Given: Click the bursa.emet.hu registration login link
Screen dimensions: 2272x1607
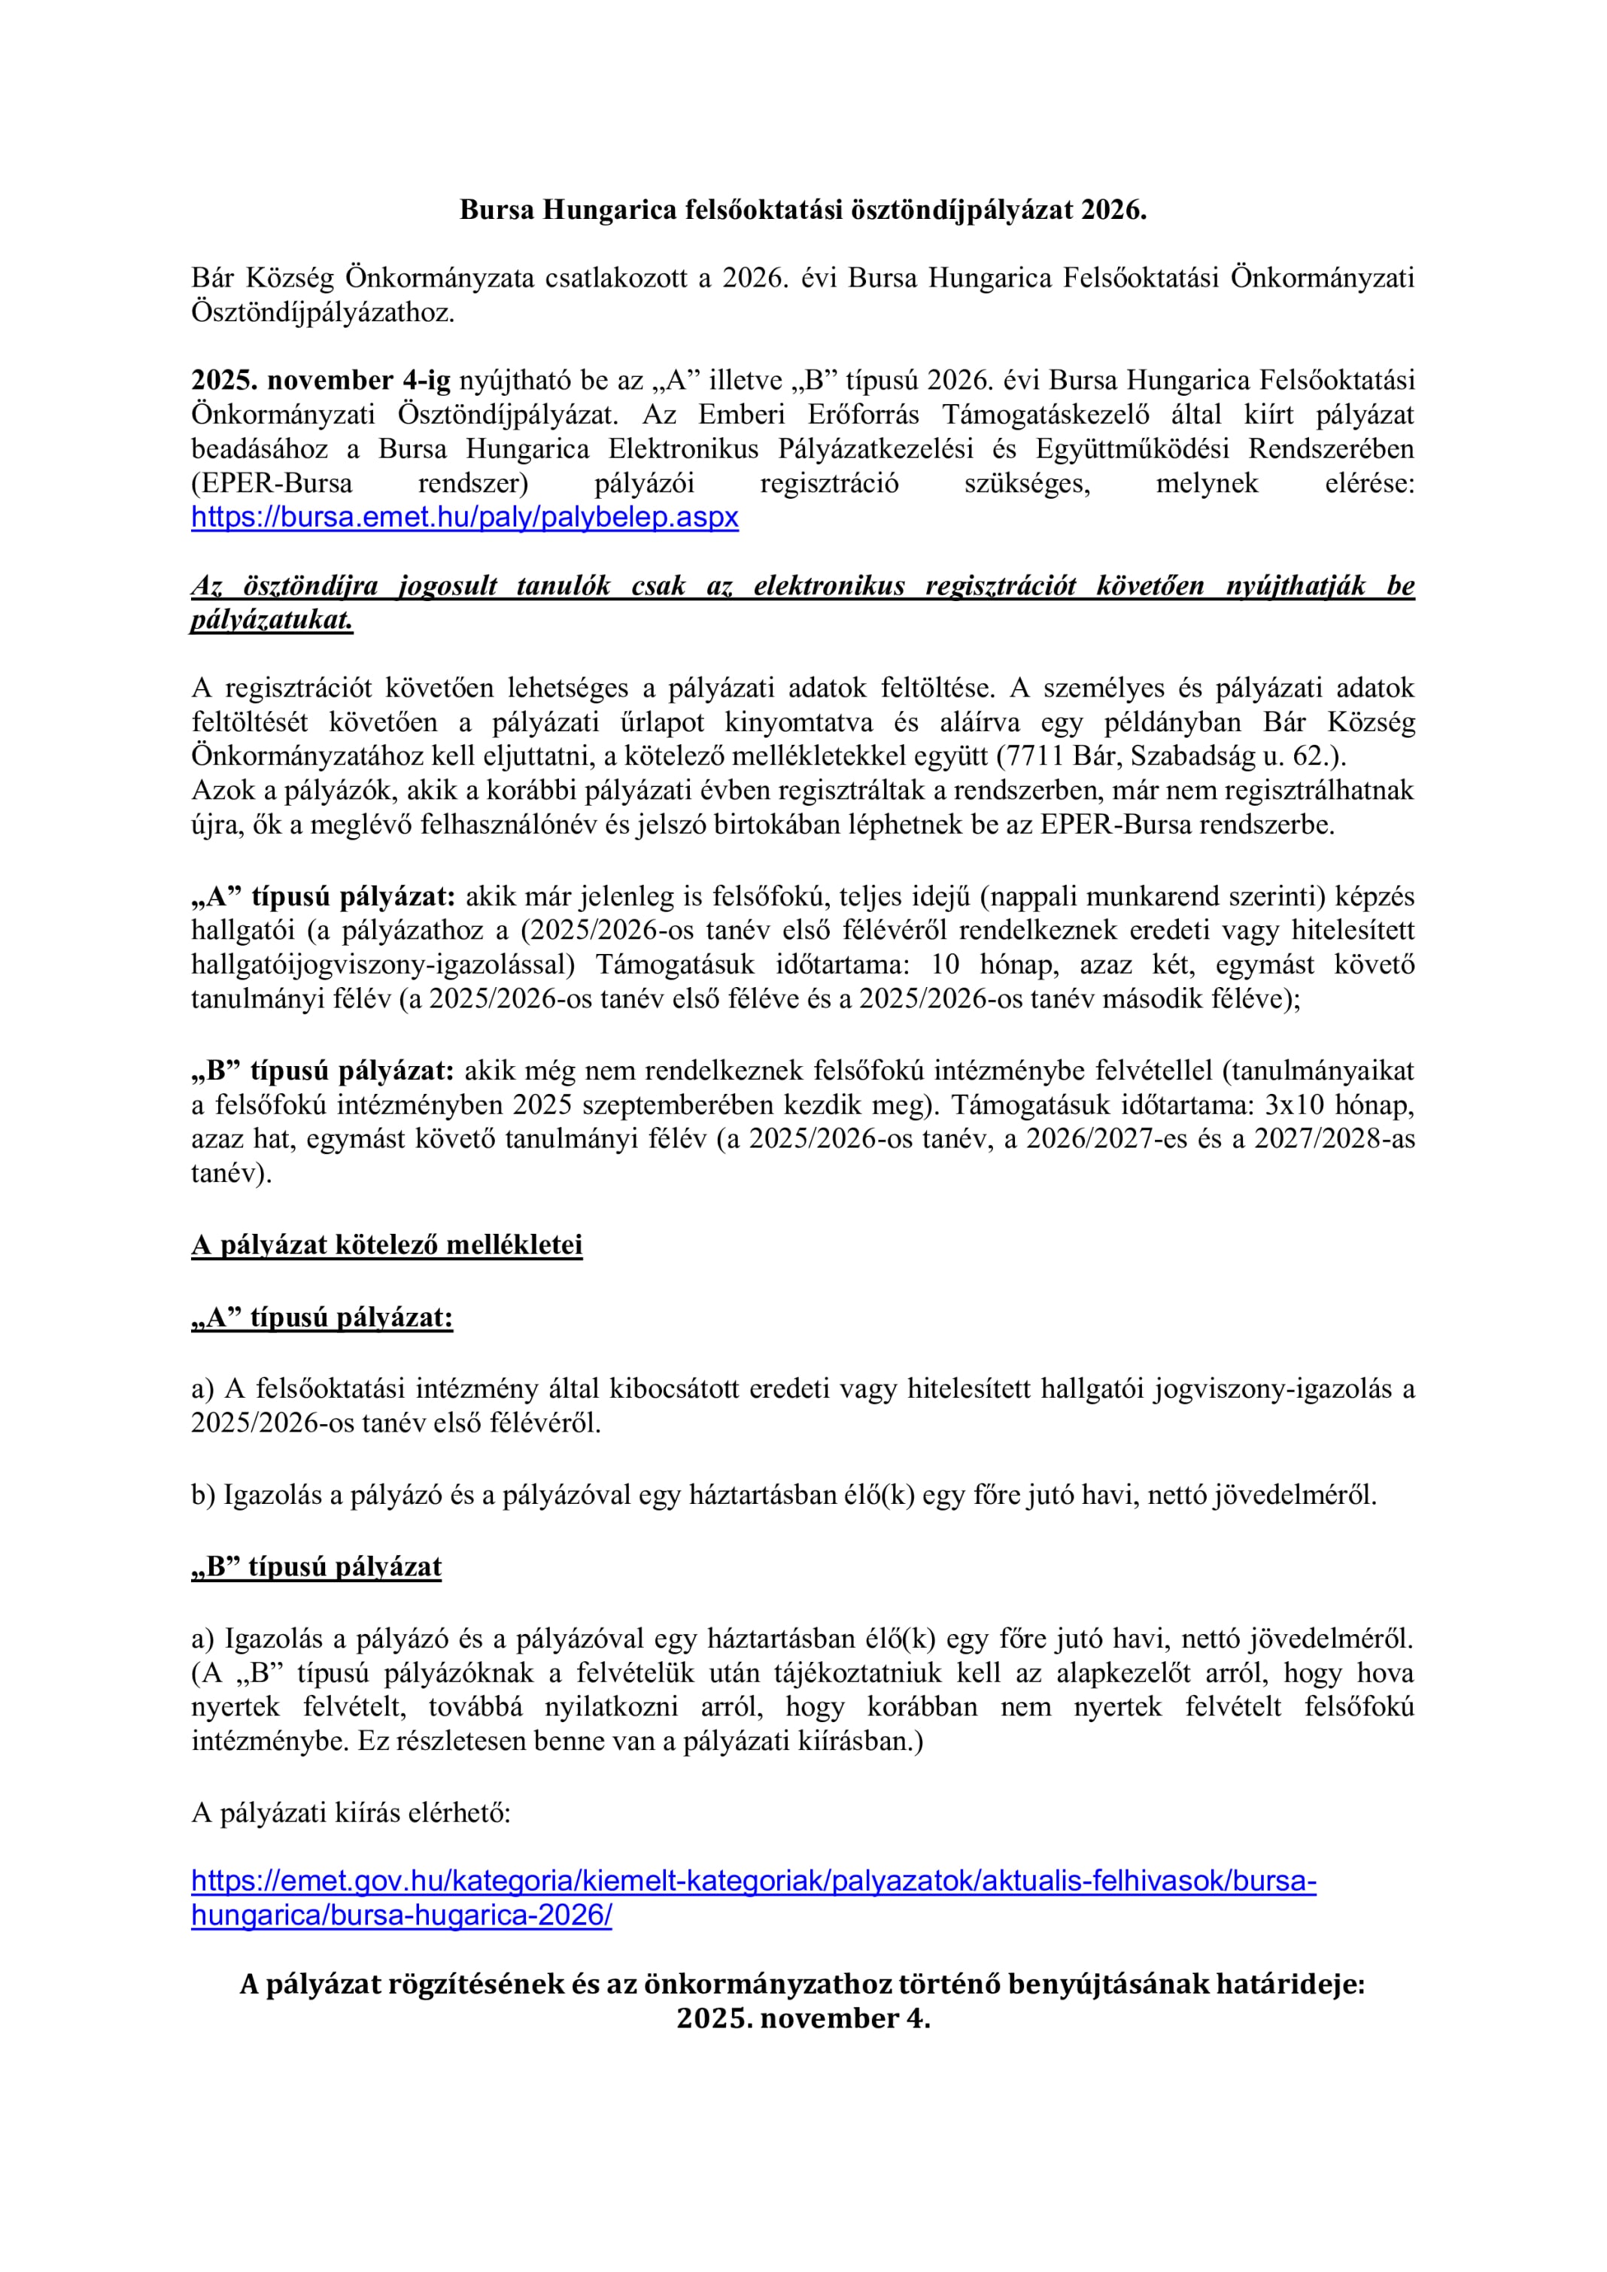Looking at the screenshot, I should coord(465,518).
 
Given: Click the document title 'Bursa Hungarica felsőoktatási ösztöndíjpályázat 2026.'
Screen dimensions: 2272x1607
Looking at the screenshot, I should coord(803,210).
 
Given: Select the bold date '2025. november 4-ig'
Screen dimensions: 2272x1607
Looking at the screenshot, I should coord(320,380).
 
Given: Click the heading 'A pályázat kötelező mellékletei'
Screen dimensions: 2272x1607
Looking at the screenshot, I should coord(387,1245).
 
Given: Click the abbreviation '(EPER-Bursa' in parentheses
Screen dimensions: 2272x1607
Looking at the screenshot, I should coord(272,484).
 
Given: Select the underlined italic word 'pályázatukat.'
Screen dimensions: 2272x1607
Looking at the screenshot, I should coord(272,621).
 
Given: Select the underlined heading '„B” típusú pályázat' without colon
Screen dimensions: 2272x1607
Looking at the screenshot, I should coord(317,1567).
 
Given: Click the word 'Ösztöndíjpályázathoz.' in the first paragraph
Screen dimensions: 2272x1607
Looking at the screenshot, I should coord(323,313).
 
